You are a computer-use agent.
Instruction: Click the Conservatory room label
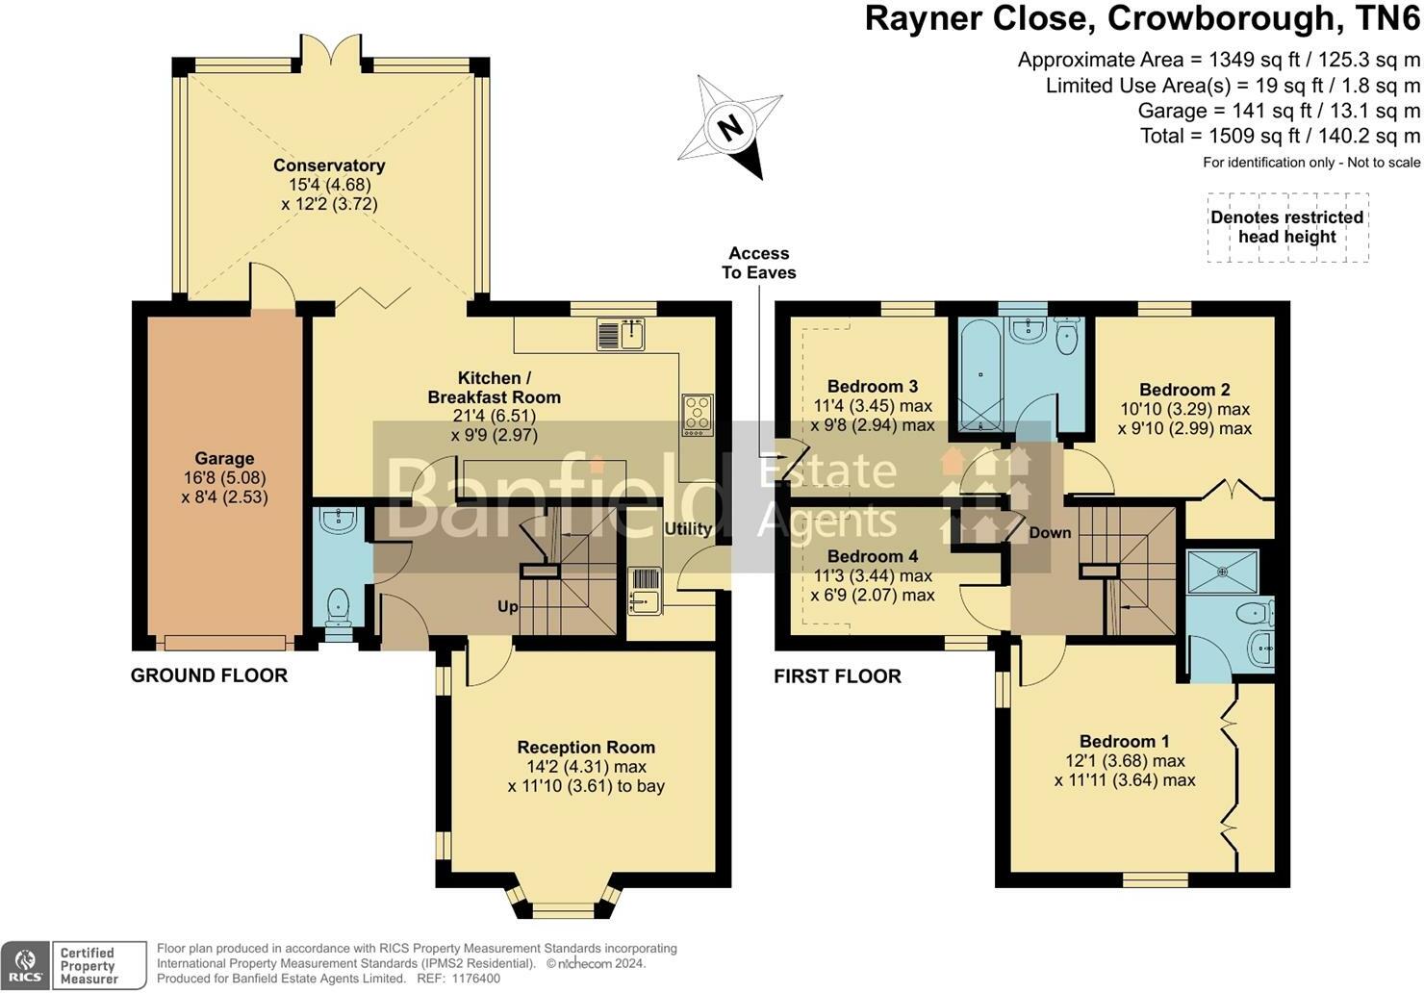(x=329, y=165)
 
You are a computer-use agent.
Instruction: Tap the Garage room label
(x=224, y=459)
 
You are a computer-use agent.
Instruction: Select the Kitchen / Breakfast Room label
(x=494, y=387)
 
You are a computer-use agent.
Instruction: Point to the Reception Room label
(x=586, y=748)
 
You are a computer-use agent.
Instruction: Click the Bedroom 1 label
(x=1124, y=741)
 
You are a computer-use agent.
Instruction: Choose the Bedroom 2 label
(x=1184, y=390)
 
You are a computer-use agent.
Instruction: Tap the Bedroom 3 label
(x=872, y=387)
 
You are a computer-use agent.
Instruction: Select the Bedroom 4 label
(x=872, y=556)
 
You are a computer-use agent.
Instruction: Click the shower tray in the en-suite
(x=1223, y=571)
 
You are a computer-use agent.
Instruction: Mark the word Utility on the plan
(x=688, y=528)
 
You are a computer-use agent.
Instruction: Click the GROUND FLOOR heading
(x=209, y=675)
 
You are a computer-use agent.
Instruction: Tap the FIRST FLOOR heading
(x=837, y=676)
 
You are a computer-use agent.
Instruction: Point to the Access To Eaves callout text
(x=758, y=263)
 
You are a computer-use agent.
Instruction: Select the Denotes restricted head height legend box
(x=1286, y=227)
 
